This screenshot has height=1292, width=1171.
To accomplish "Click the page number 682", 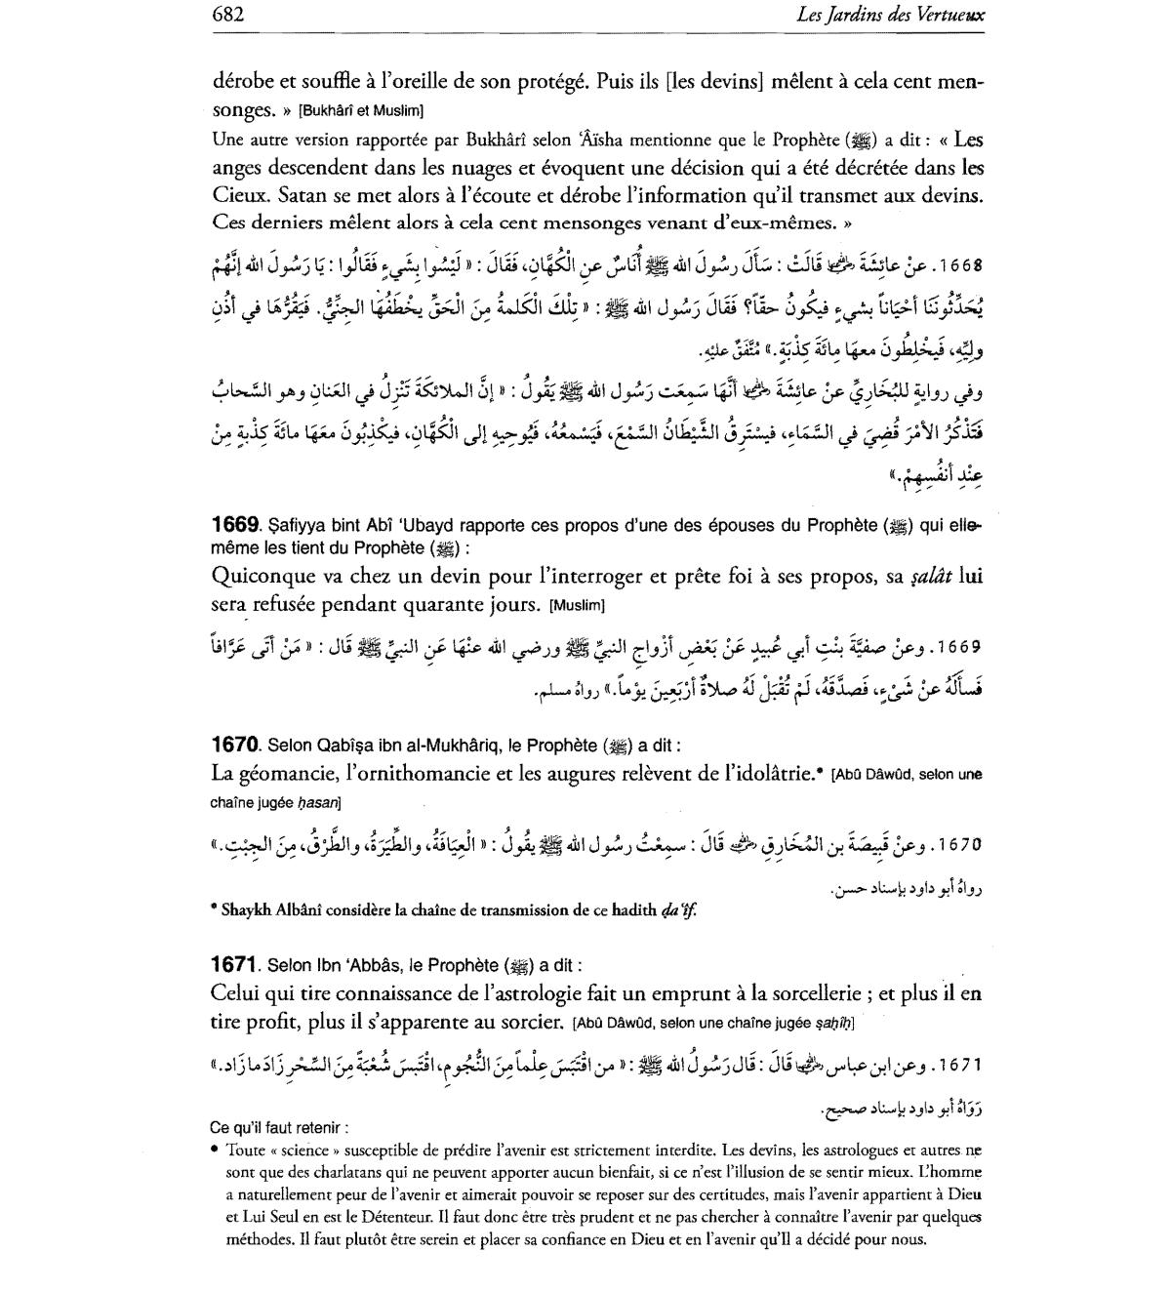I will [227, 14].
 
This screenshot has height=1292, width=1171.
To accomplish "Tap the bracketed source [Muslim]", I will [578, 605].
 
